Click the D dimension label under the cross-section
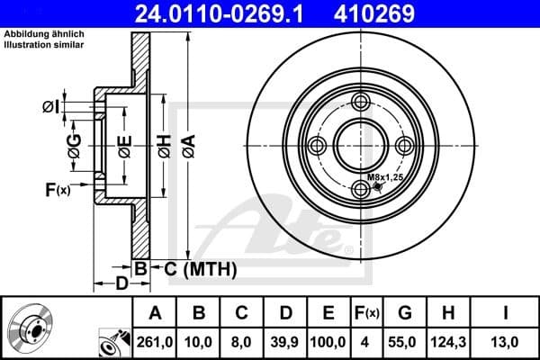point(120,284)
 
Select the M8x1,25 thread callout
point(384,178)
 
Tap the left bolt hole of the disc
point(316,147)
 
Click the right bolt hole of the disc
point(406,147)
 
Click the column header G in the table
point(405,313)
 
